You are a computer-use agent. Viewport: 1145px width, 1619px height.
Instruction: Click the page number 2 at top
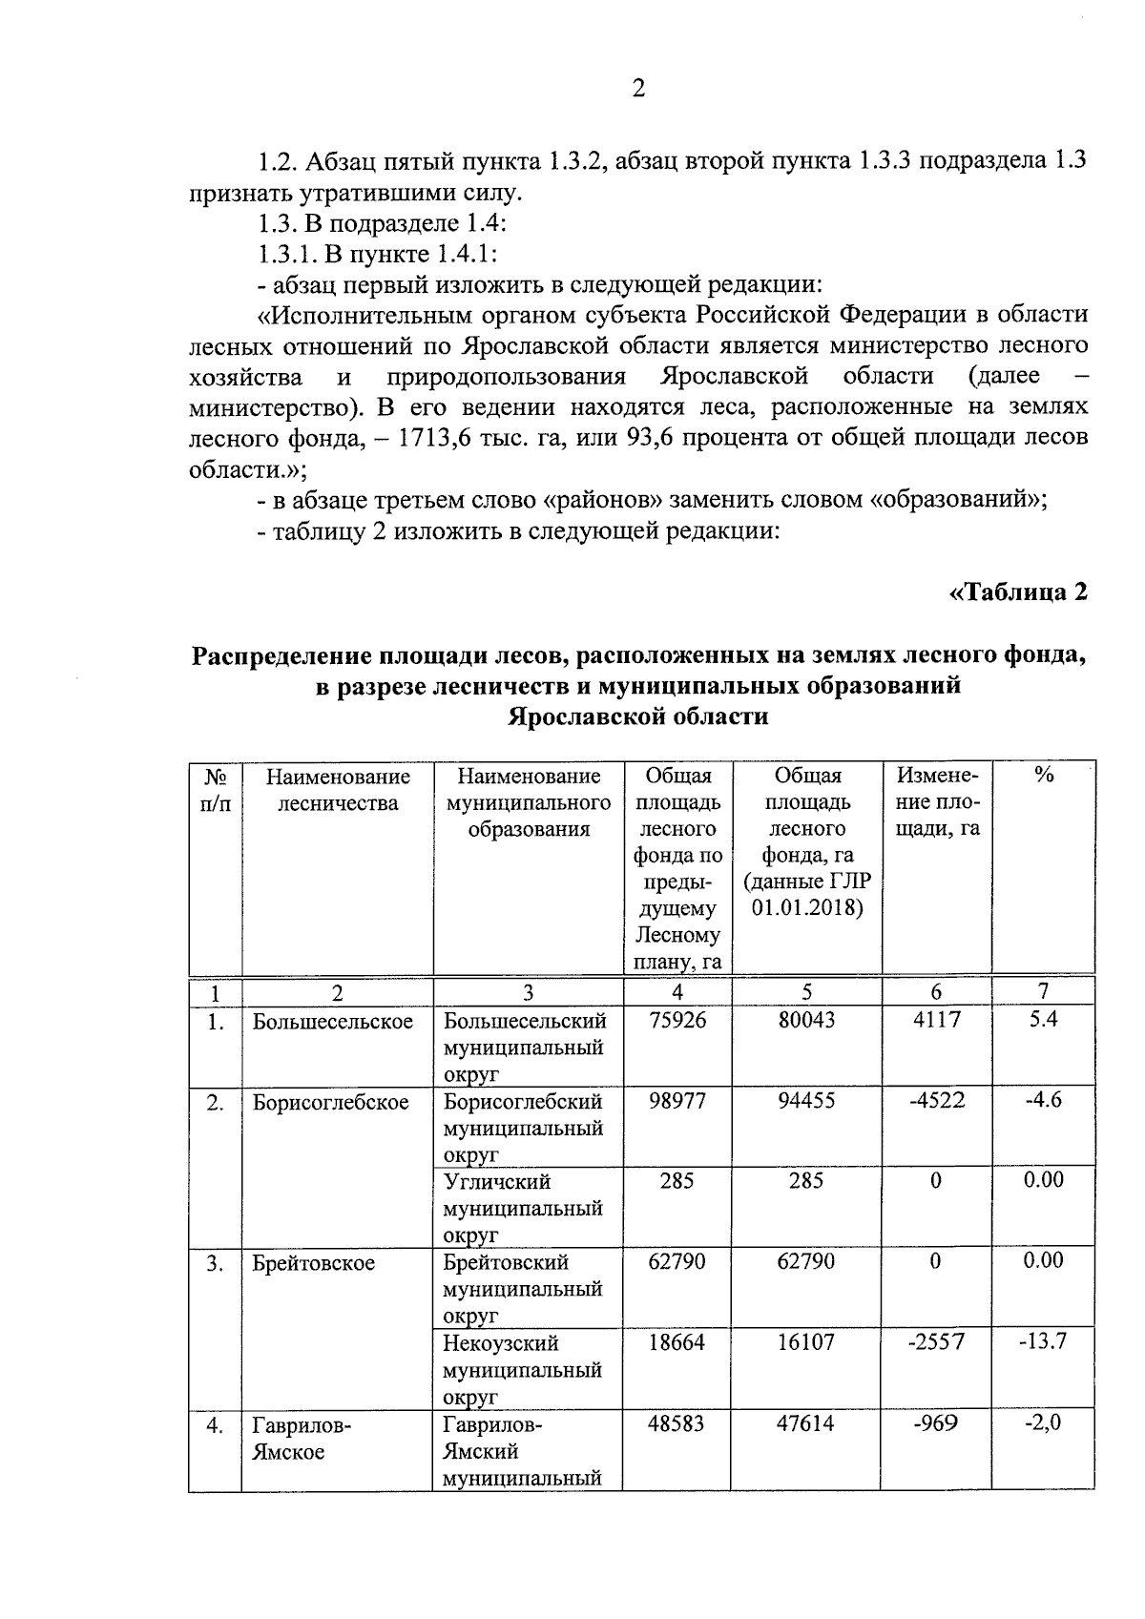[638, 89]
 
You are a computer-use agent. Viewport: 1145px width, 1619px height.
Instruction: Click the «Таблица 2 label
[1018, 592]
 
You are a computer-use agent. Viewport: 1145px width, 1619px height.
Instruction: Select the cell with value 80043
[806, 1020]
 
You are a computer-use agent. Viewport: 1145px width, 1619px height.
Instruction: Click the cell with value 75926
[677, 1020]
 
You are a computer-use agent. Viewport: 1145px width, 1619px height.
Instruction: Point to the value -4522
[936, 1100]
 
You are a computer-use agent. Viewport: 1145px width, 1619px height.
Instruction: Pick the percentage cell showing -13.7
[1043, 1341]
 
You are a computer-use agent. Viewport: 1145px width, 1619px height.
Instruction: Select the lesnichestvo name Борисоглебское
[330, 1103]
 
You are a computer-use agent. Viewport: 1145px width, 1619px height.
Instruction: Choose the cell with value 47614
[805, 1423]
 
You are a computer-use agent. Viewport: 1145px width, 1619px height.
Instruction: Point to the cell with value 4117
[936, 1020]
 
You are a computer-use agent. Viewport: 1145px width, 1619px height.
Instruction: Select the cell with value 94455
[806, 1100]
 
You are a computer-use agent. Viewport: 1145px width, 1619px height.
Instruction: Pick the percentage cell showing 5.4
[1043, 1019]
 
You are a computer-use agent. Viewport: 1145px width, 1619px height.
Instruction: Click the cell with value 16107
[806, 1342]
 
